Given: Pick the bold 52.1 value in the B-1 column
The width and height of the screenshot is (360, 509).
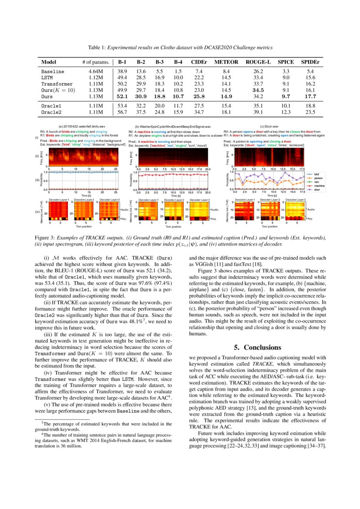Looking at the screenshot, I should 122,96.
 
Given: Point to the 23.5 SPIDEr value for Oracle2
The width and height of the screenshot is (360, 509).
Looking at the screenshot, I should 310,112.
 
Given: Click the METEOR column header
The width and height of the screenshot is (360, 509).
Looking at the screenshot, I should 226,62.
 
